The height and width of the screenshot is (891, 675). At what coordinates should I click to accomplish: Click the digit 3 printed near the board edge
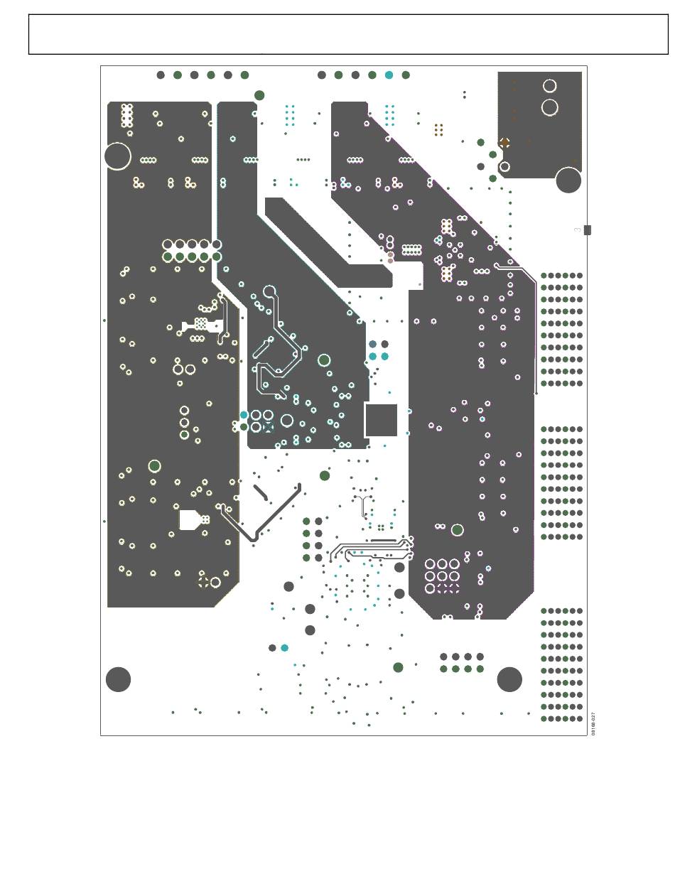577,230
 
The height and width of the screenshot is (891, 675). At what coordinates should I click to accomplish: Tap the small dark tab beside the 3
588,229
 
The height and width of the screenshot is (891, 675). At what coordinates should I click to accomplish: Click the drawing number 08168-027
593,723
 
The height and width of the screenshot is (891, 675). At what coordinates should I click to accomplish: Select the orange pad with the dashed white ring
504,142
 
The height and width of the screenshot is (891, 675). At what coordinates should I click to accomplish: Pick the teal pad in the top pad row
389,75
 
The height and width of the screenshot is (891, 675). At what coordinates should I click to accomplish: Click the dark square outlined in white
381,419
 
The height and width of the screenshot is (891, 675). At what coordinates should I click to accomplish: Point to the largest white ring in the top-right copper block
549,107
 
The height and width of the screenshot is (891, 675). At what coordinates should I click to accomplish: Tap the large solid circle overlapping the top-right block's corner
568,180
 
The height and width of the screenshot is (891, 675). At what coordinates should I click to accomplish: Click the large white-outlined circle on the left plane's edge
117,156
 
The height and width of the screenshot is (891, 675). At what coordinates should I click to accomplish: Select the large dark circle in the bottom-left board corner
118,679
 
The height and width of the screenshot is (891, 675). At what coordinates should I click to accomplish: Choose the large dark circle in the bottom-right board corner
509,679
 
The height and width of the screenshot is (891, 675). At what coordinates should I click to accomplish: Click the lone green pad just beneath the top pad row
259,95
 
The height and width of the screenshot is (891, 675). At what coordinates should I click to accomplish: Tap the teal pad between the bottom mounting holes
285,648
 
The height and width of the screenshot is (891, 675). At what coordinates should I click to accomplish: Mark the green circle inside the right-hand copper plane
458,529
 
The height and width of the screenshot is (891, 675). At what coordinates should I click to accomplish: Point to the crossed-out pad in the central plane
268,427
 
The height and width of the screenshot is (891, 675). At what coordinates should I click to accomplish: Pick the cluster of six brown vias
438,129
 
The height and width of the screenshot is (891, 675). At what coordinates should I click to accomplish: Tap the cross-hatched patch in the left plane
201,324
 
